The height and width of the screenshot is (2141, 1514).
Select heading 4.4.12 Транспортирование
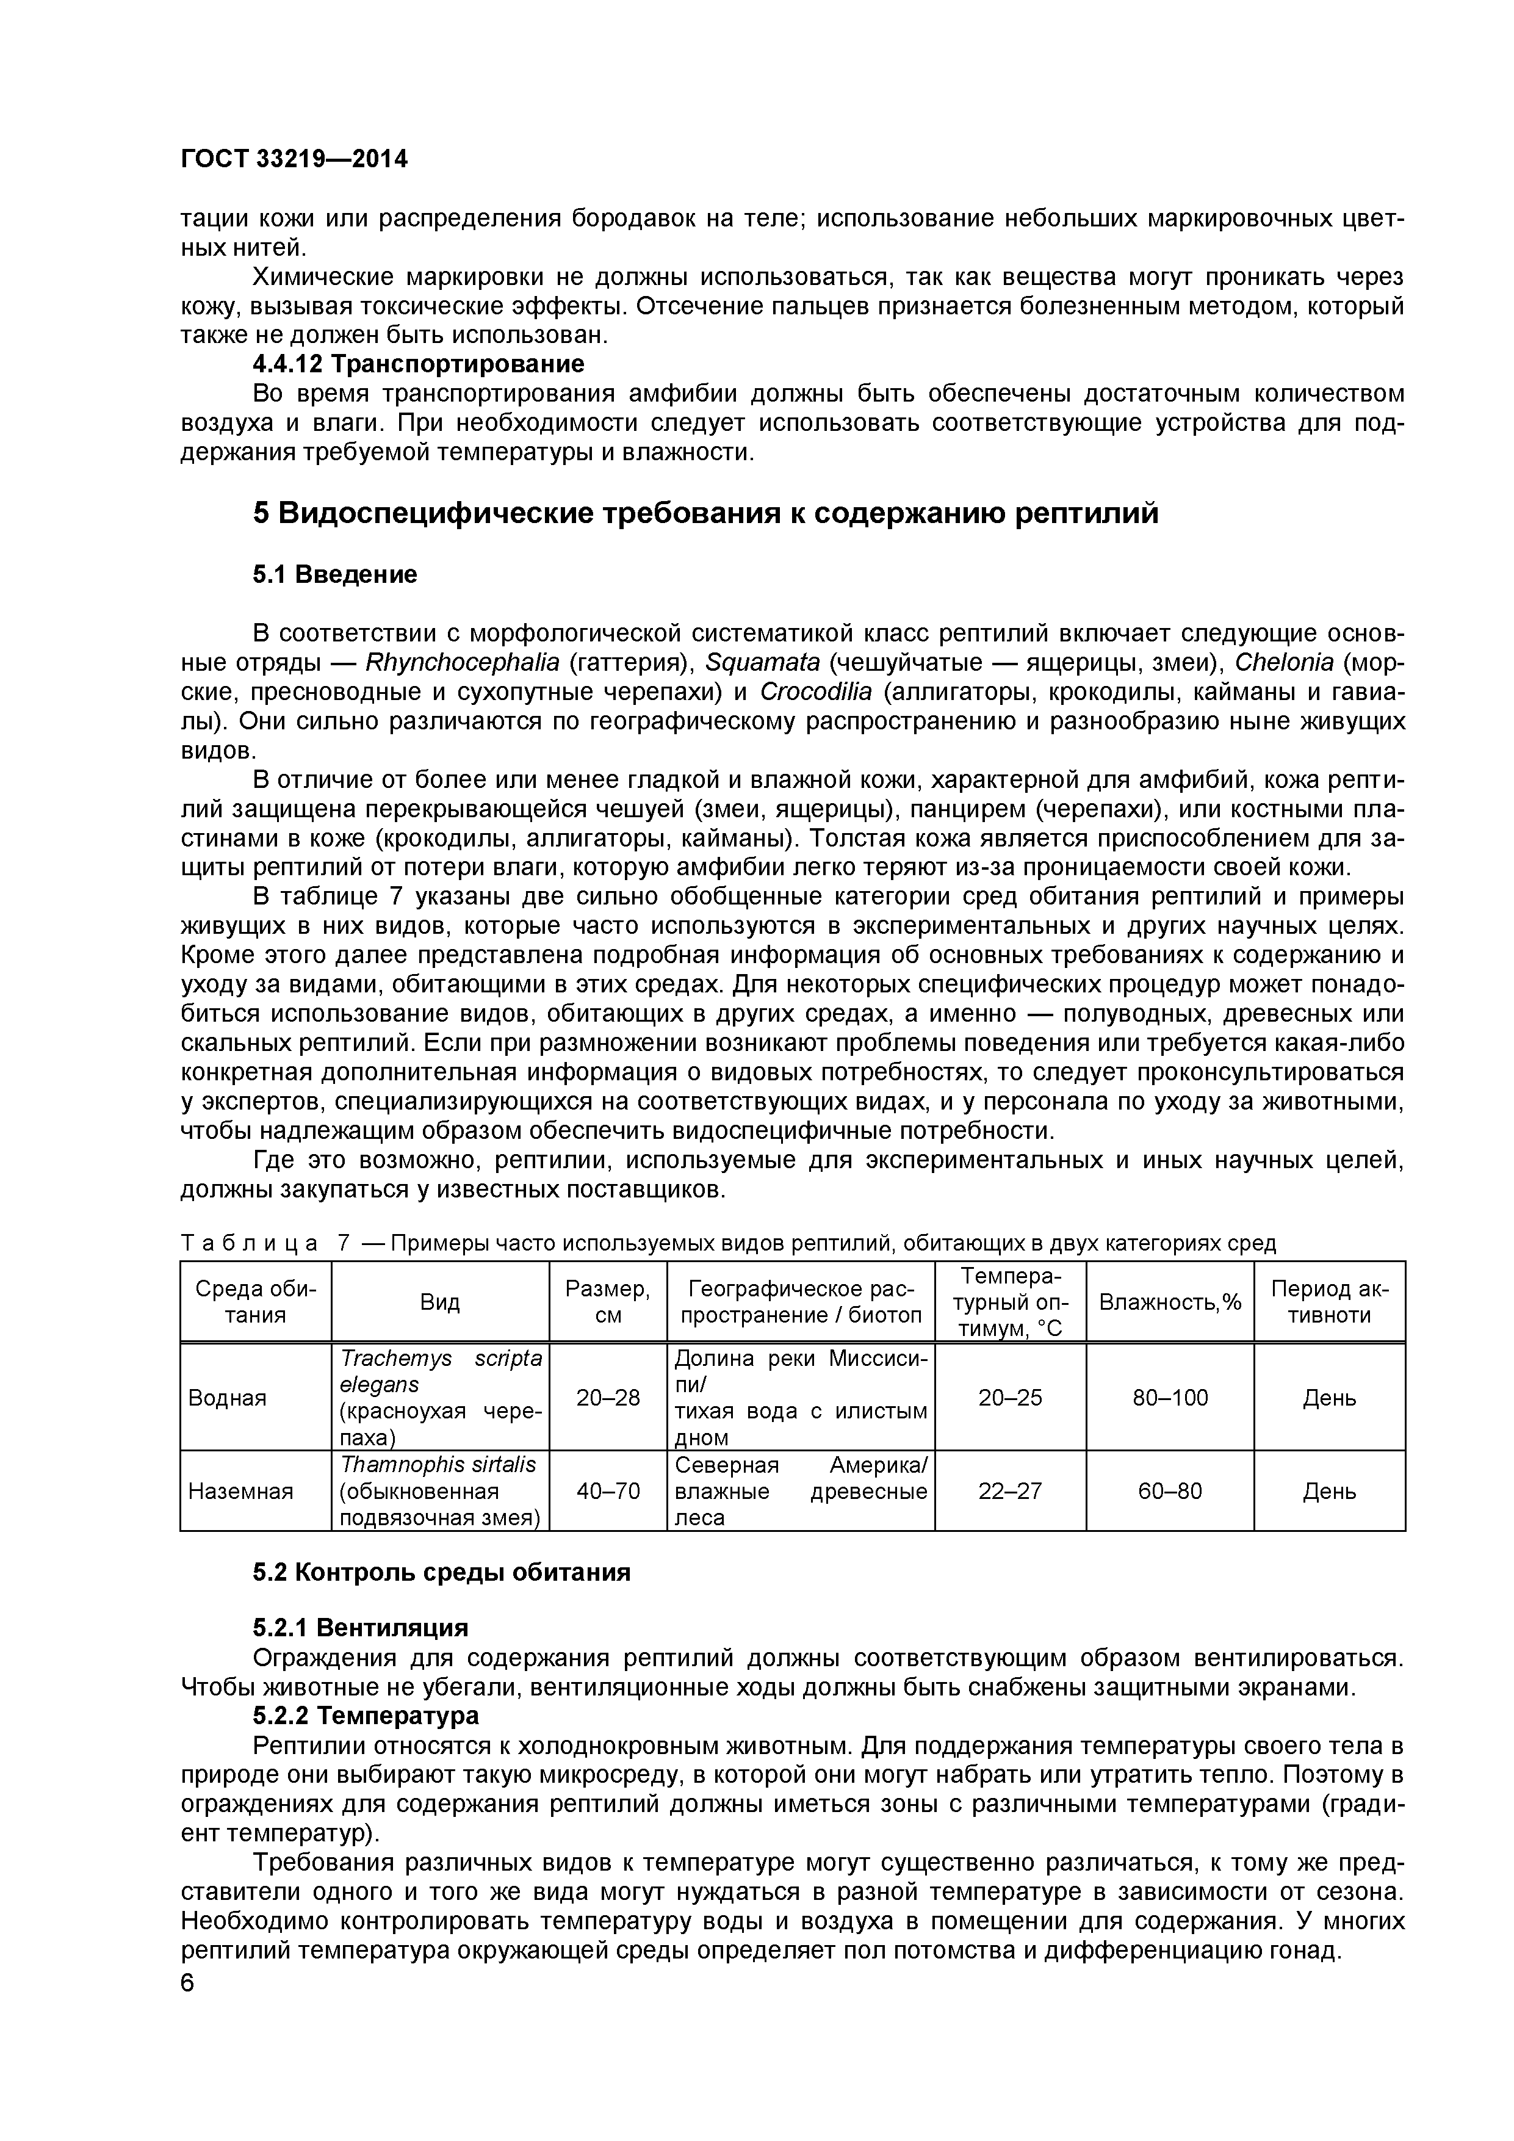(419, 364)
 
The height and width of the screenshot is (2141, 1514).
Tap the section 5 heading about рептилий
(705, 513)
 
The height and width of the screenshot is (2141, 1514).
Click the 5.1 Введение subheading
(334, 574)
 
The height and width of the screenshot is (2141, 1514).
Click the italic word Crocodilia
(816, 692)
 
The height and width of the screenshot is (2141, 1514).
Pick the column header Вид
(440, 1302)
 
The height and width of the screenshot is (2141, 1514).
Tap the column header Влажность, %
(1170, 1302)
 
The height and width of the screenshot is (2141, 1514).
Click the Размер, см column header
(608, 1302)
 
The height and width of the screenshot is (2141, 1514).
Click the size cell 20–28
(608, 1398)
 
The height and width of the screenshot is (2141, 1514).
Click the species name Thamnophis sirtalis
(438, 1465)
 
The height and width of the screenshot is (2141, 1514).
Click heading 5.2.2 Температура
(366, 1715)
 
